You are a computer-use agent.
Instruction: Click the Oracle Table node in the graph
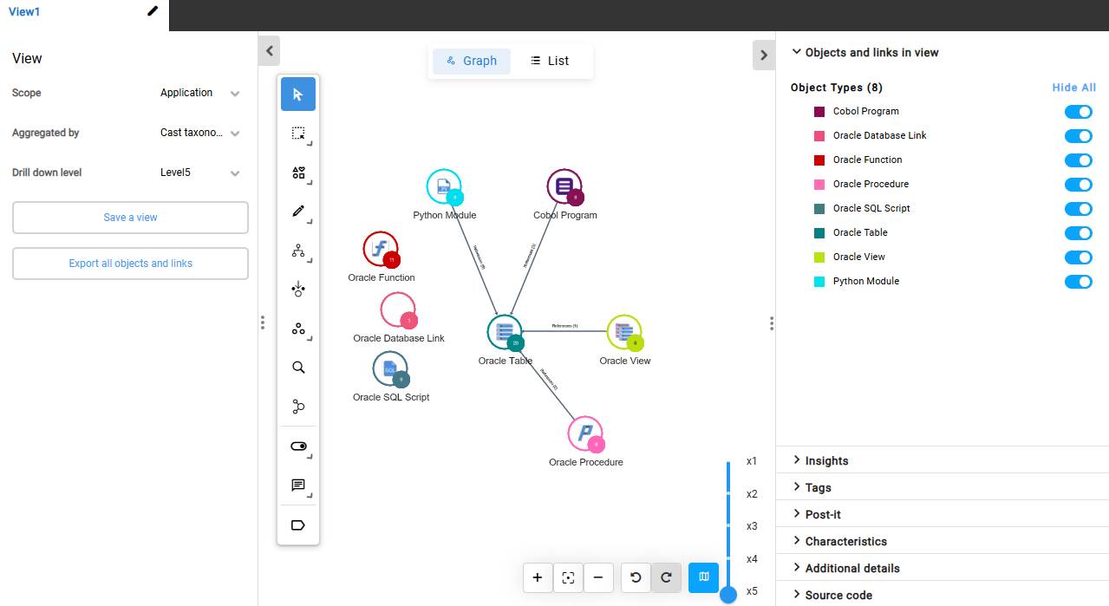pos(504,332)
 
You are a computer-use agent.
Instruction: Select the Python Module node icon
pos(443,186)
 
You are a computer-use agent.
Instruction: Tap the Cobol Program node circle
pos(564,186)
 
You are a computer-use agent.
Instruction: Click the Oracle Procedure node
pos(584,433)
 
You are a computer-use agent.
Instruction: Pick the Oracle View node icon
pos(623,332)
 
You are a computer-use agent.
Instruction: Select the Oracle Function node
pos(380,249)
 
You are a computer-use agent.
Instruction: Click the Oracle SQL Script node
pos(389,368)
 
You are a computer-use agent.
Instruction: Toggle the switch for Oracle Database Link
pos(1078,136)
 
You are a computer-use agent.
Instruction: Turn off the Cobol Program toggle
pos(1078,112)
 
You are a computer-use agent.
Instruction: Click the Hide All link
pos(1073,88)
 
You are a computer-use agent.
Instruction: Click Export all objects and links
pos(130,264)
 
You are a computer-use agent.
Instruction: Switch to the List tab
pos(550,61)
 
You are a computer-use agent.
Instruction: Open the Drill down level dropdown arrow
pos(235,173)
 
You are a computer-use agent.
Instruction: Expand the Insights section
pos(826,461)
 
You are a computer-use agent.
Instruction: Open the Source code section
pos(838,596)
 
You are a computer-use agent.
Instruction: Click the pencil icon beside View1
pos(153,11)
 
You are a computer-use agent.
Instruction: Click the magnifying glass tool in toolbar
pos(298,368)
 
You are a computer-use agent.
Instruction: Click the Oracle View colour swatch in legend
pos(819,257)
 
